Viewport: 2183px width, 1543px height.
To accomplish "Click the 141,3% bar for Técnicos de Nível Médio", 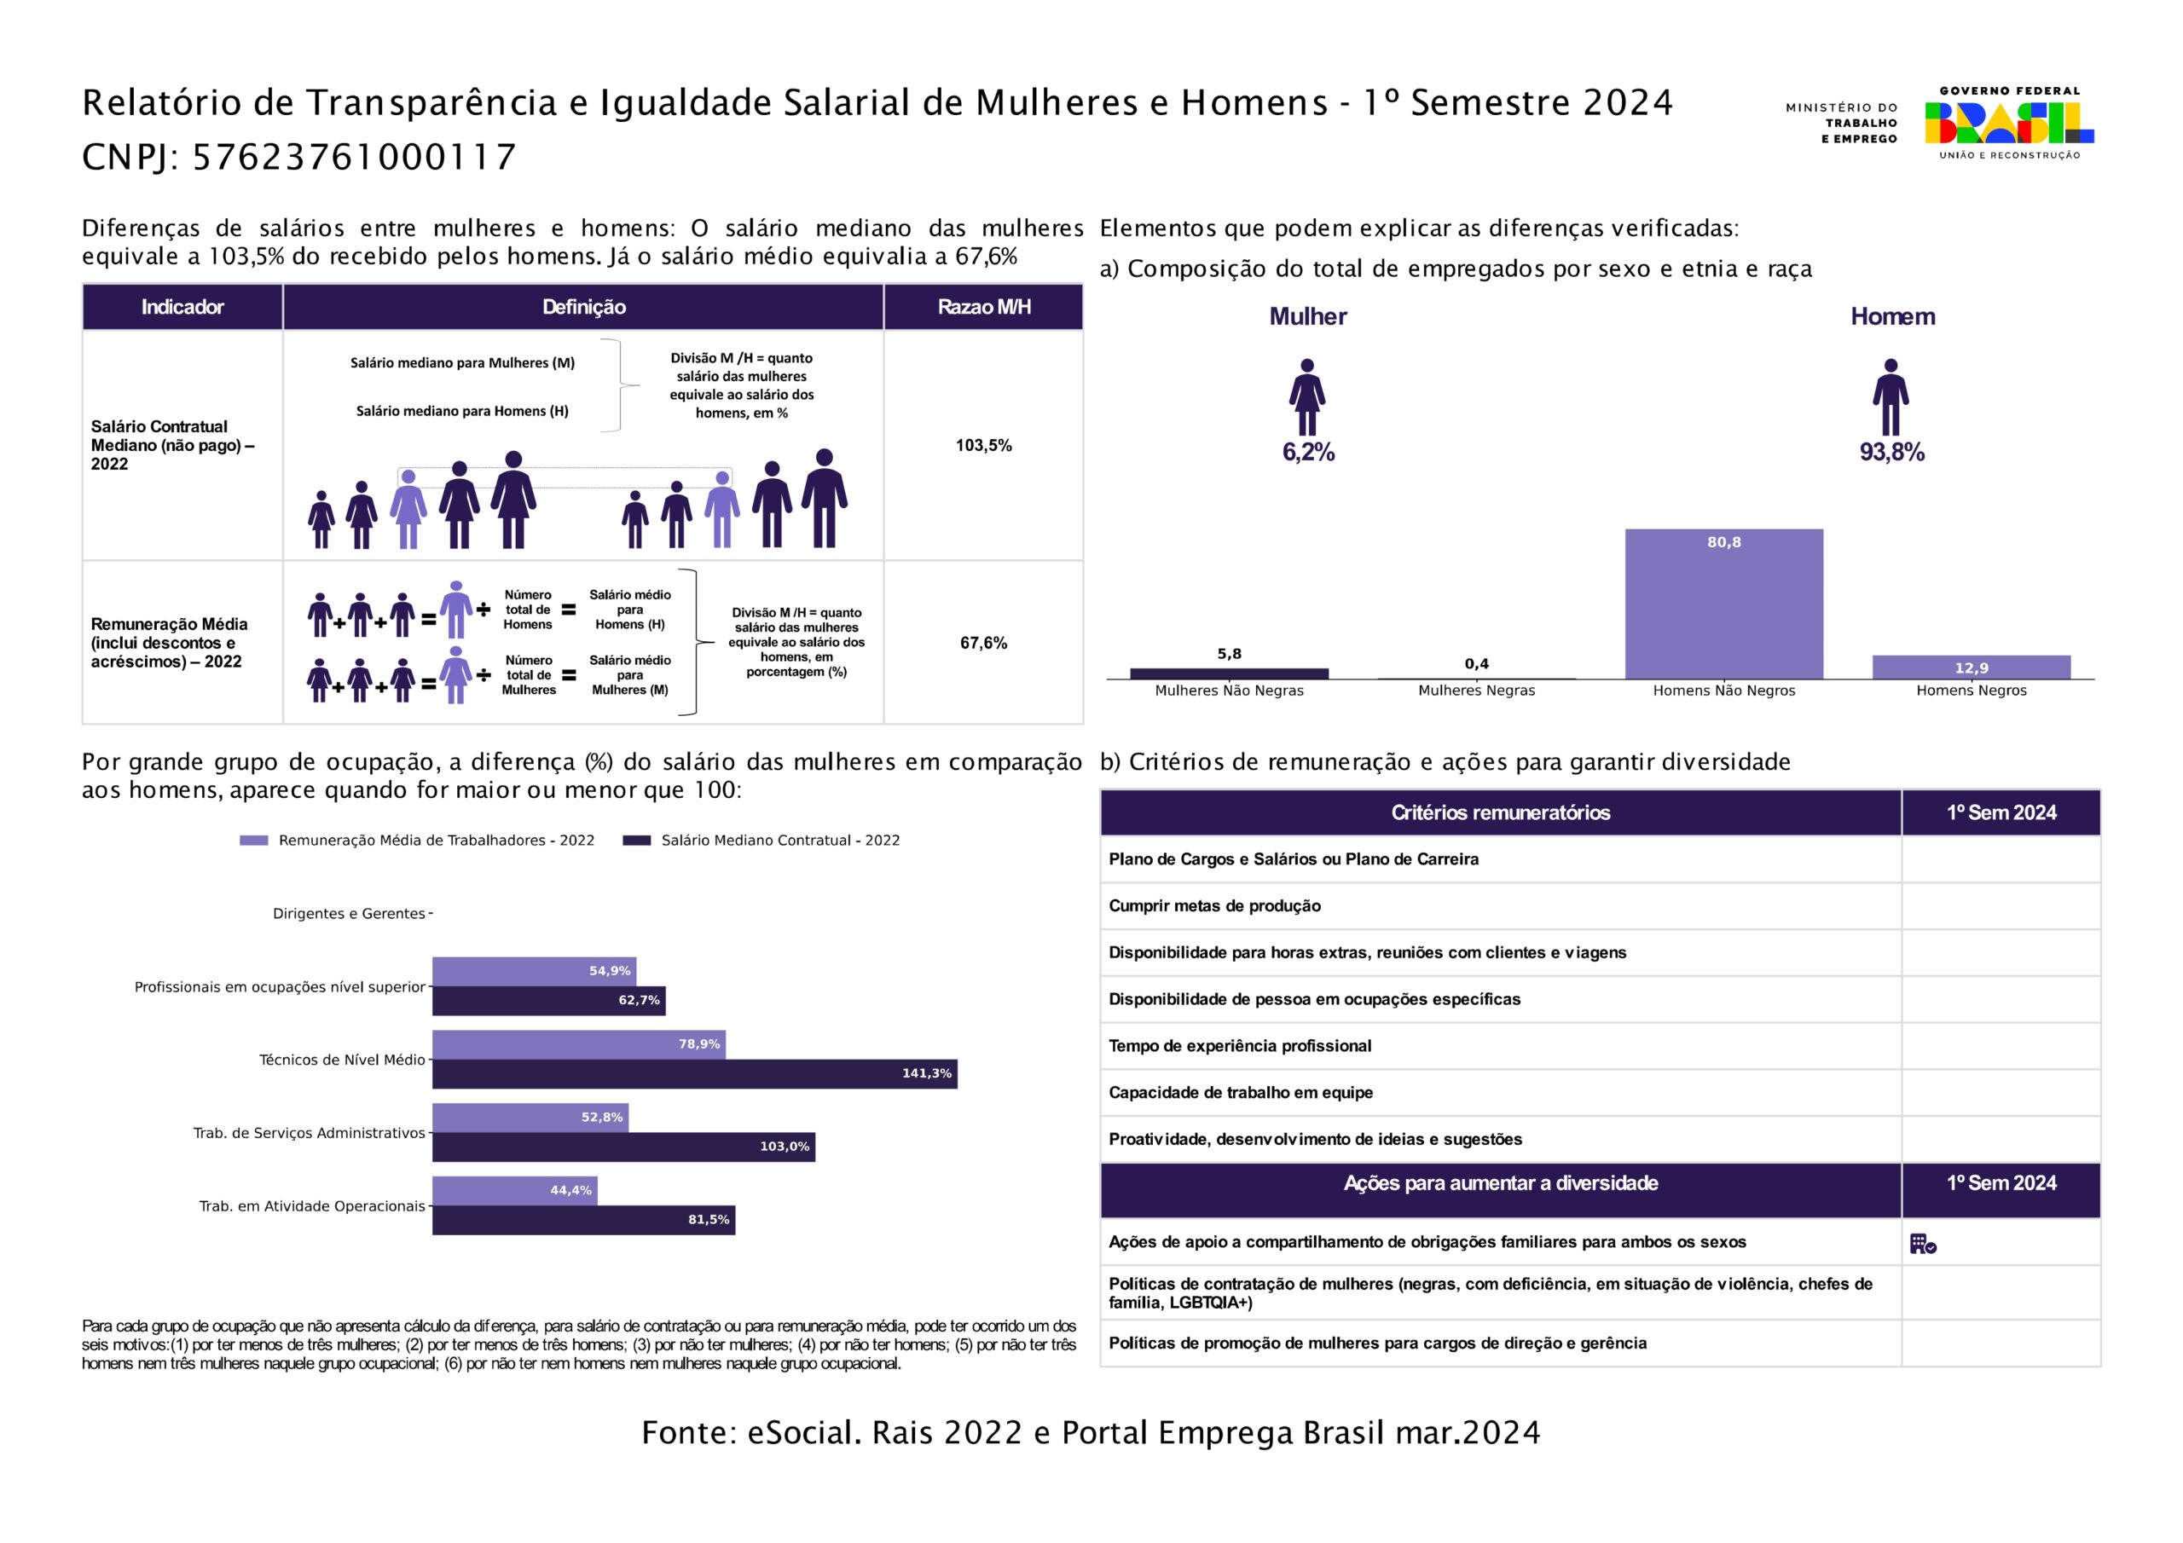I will click(x=694, y=1073).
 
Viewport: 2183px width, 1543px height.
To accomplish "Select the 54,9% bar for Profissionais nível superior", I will click(x=534, y=971).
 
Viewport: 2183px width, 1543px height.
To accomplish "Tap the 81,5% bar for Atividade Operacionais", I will click(x=582, y=1220).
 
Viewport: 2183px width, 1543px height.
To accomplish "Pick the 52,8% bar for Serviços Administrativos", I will click(x=530, y=1117).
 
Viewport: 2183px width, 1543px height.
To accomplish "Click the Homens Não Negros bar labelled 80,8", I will click(x=1723, y=604).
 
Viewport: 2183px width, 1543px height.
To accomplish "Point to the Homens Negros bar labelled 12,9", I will click(x=1970, y=667).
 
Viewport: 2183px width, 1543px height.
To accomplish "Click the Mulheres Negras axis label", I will click(x=1475, y=691).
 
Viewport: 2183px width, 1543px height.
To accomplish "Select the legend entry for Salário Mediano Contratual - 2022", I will click(x=761, y=841).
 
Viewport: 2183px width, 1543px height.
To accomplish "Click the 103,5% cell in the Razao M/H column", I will click(x=983, y=445).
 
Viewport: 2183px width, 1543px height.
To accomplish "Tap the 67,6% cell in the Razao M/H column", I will click(x=983, y=643).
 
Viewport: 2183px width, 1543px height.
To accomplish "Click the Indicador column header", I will click(x=182, y=307).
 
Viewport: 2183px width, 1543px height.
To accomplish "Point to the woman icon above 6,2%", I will click(x=1307, y=397).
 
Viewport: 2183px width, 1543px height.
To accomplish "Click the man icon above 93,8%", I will click(x=1891, y=397).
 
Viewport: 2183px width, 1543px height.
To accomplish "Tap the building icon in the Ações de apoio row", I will click(x=1922, y=1244).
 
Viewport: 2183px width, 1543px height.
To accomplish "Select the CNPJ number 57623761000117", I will click(x=354, y=158).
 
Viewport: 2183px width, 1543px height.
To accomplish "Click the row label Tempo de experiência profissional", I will click(x=1240, y=1046).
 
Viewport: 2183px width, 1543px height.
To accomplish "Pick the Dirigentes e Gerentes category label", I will click(x=348, y=914).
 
